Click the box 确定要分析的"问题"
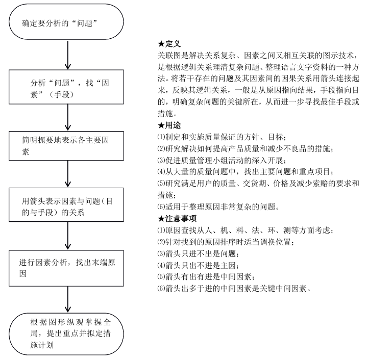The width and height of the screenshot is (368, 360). [x=67, y=23]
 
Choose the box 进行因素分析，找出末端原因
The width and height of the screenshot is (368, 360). [x=67, y=267]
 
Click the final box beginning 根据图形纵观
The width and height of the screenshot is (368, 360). [x=67, y=329]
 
